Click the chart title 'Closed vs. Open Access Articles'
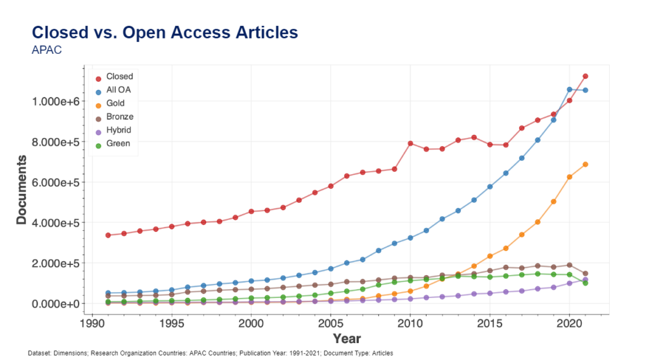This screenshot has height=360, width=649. pos(165,32)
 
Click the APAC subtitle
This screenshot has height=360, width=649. pos(46,50)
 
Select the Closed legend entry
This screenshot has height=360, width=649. pos(119,77)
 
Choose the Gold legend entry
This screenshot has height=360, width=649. pos(115,103)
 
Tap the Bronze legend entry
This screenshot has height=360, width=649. pos(120,117)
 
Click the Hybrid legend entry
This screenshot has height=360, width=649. pos(119,130)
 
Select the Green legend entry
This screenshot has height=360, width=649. pos(118,143)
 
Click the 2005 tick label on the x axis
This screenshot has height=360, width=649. pos(330,324)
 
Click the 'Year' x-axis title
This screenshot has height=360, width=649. pos(347,338)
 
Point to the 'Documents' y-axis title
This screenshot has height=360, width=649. pos(22,190)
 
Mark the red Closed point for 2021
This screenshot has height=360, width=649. pos(586,76)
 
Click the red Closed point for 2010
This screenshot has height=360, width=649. pos(410,143)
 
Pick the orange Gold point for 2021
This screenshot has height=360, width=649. pos(586,165)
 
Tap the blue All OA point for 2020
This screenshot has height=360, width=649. pos(570,89)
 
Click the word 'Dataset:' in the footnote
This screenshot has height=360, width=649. pos(41,353)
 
